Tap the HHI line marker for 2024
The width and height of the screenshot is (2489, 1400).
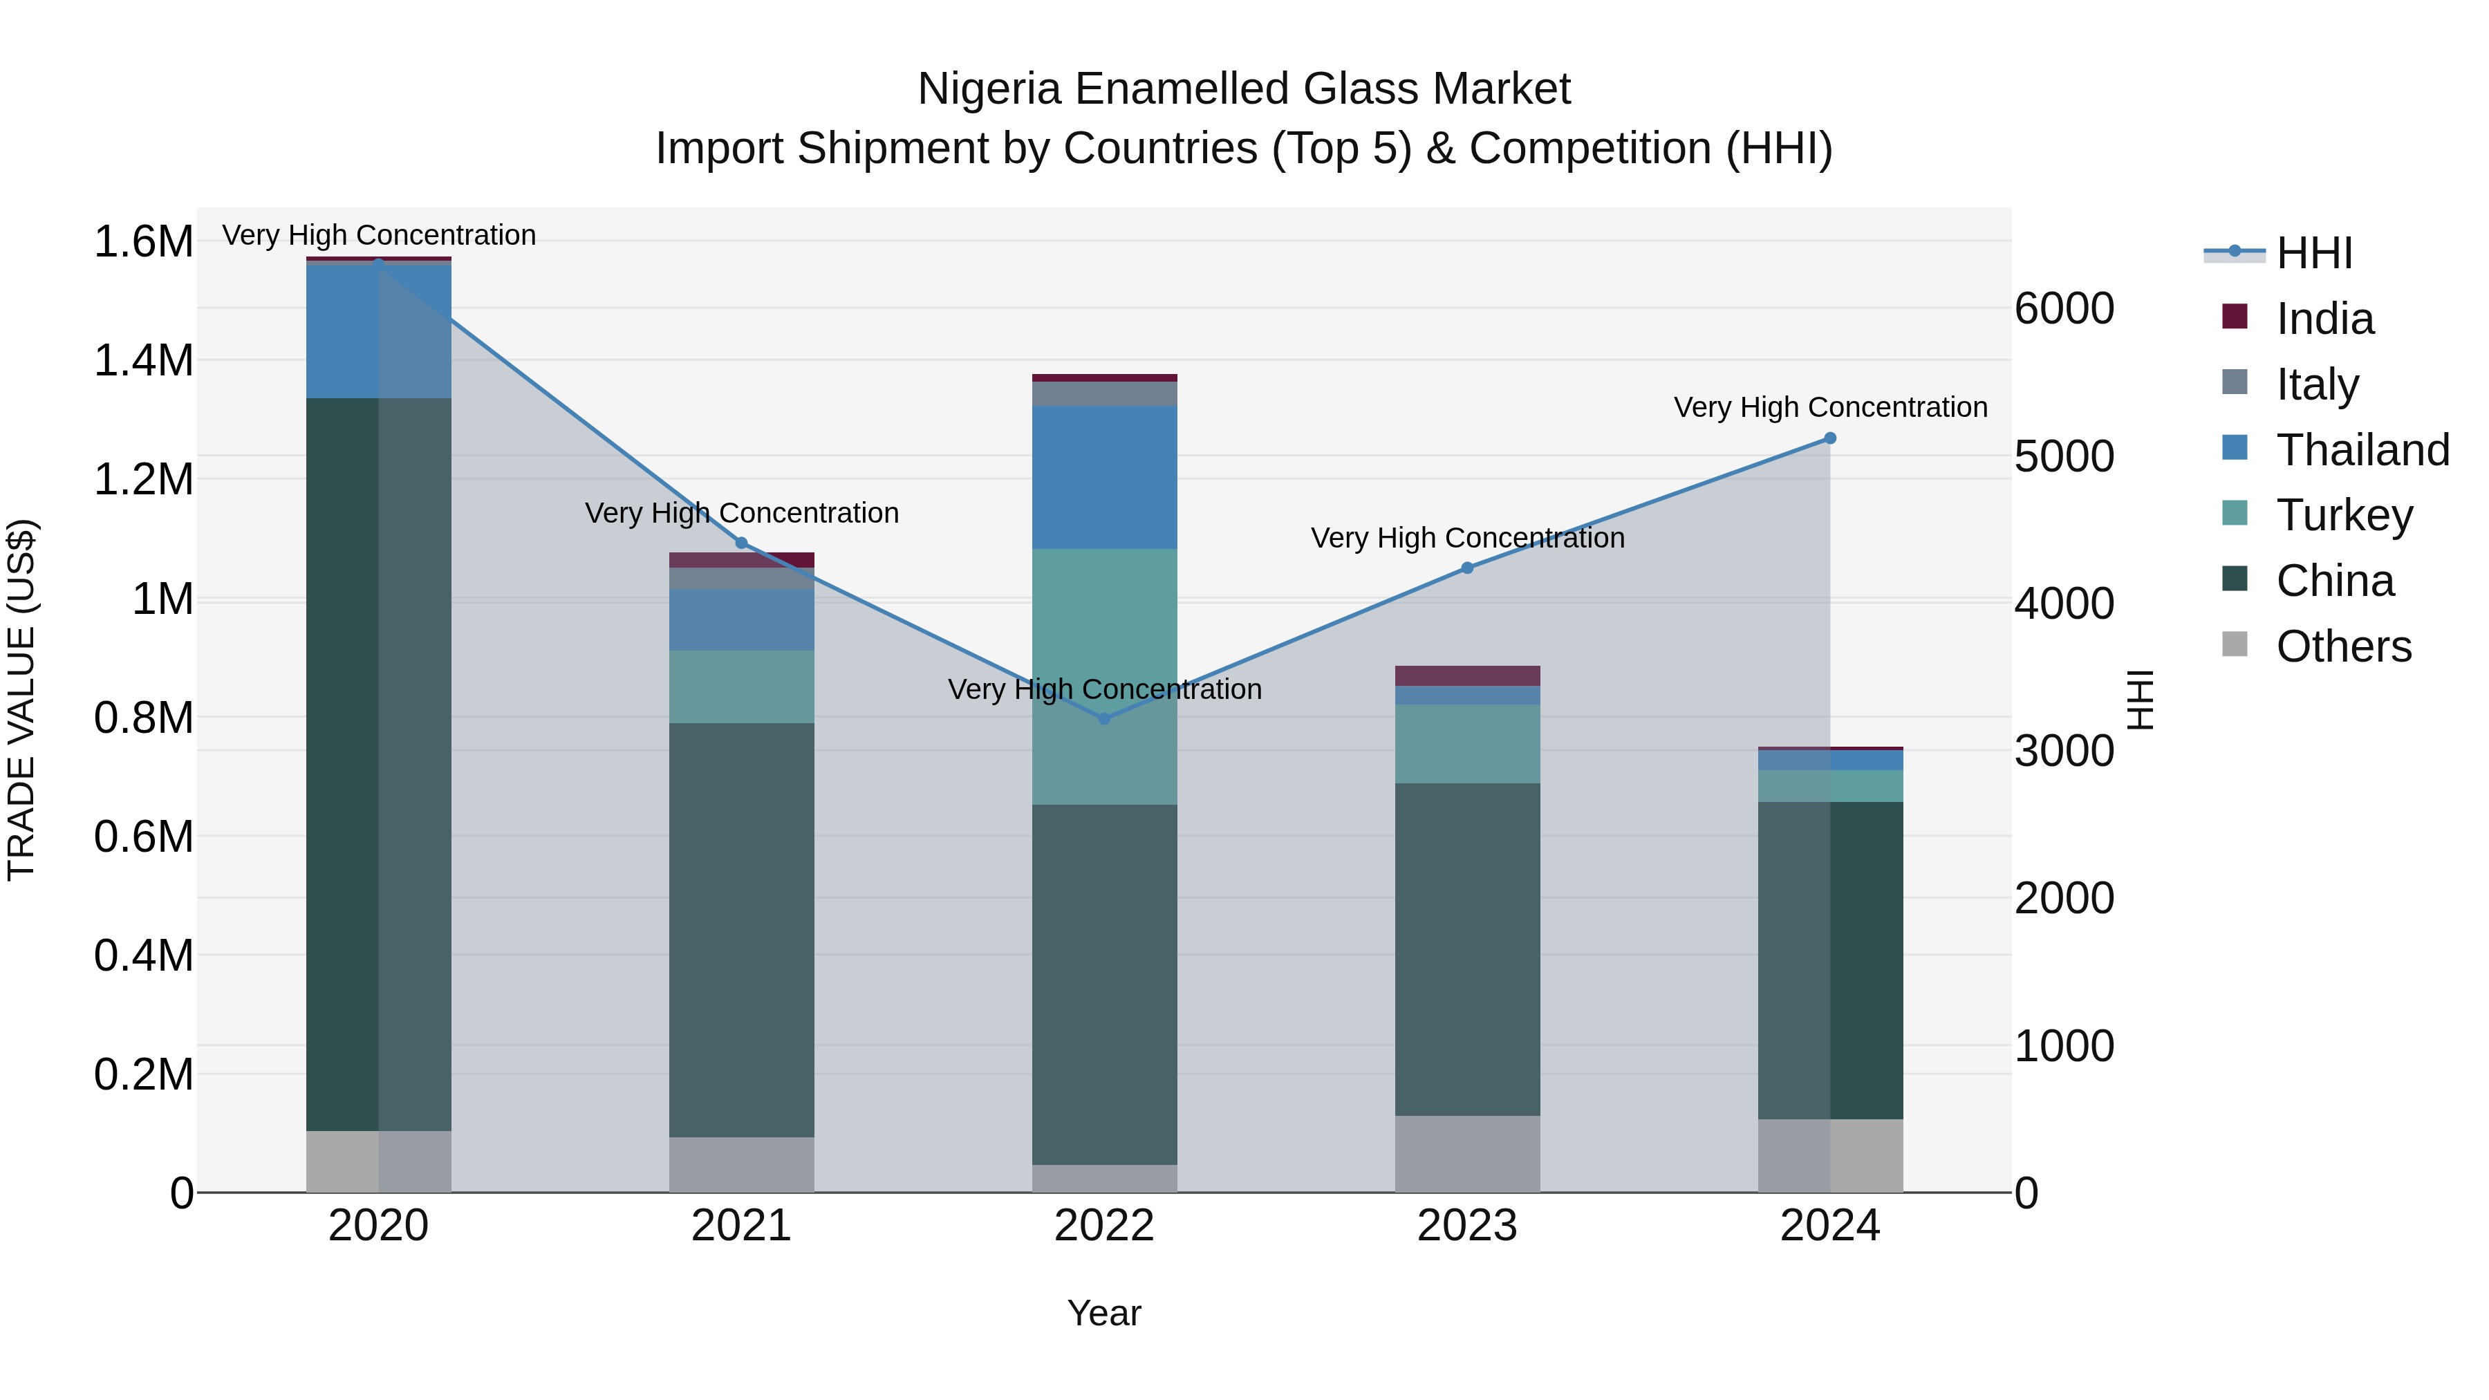tap(1829, 438)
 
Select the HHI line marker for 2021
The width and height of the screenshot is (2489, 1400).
tap(742, 543)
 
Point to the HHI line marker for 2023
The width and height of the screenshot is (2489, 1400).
tap(1466, 568)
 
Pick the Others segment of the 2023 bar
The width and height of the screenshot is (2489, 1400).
tap(1466, 1154)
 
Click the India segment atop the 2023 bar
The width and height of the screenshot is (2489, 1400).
tap(1466, 675)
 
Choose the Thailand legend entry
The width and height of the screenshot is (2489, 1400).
tap(2362, 450)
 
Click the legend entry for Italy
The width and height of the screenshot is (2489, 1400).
tap(2317, 384)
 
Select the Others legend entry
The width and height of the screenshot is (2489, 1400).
tap(2342, 646)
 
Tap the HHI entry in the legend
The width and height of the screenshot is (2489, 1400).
tap(2313, 253)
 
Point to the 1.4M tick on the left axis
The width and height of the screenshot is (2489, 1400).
tap(143, 360)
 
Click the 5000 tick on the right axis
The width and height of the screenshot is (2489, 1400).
tap(2064, 456)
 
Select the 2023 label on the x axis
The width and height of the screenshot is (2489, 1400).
tap(1466, 1226)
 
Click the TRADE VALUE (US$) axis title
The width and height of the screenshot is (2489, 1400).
tap(21, 700)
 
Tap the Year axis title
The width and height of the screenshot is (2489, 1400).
tap(1104, 1313)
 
